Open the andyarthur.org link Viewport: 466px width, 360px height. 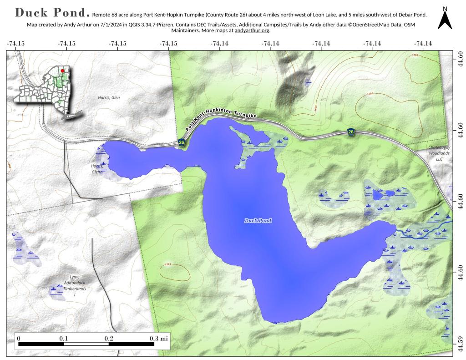[x=252, y=31]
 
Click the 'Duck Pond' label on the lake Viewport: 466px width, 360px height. [x=258, y=221]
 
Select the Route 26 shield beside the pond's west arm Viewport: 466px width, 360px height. [x=182, y=142]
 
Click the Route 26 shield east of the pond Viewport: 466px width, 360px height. [x=351, y=132]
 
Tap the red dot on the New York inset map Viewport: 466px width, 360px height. [x=62, y=71]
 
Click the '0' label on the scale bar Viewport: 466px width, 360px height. [x=19, y=339]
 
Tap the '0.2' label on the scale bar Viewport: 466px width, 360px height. [x=109, y=339]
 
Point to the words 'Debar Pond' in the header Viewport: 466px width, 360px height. [x=410, y=15]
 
